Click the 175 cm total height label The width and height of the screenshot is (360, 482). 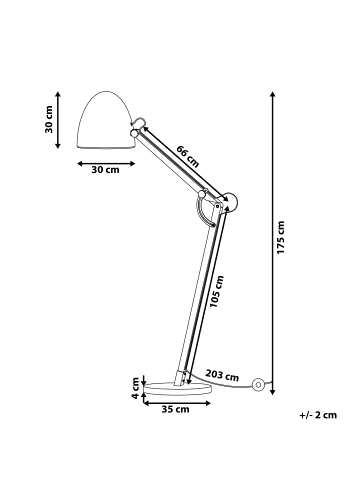(285, 238)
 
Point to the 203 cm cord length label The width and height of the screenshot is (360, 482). (222, 376)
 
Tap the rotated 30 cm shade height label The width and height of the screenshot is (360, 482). (48, 119)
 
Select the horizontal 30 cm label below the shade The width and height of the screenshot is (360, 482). (105, 170)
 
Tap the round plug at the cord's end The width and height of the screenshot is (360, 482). (258, 383)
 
